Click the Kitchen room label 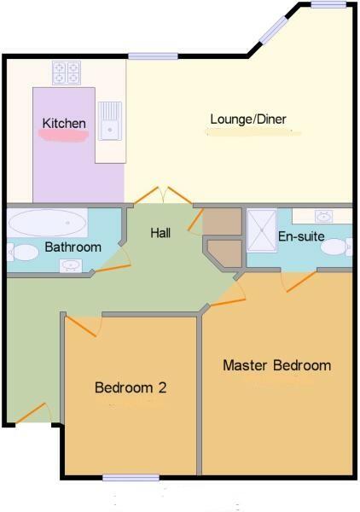(x=64, y=124)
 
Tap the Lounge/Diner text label (x=243, y=119)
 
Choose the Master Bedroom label (x=276, y=365)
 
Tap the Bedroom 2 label (x=130, y=387)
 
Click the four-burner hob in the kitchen (x=67, y=73)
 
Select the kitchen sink (x=109, y=119)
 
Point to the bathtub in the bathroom (x=47, y=225)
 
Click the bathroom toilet (x=17, y=252)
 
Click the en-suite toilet (x=338, y=247)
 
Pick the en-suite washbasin (x=324, y=216)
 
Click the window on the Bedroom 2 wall (x=131, y=477)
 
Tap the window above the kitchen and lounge (x=153, y=56)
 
